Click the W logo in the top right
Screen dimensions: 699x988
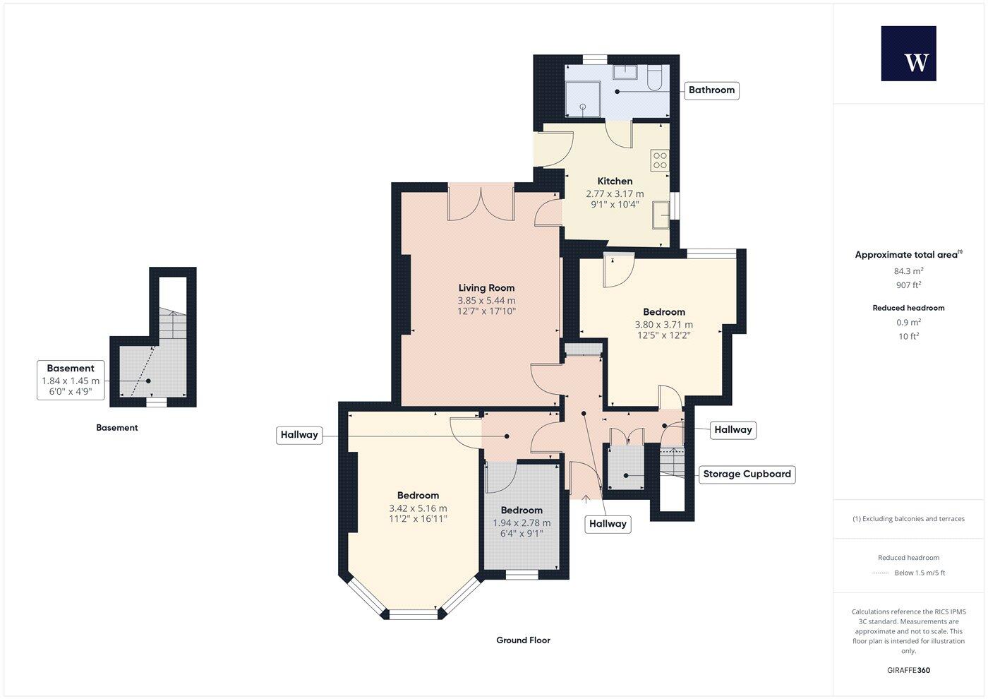(908, 54)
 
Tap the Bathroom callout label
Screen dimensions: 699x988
(711, 90)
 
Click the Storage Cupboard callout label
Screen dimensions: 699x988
(747, 474)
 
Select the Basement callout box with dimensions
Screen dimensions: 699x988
(71, 380)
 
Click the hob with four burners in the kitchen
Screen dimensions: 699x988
(660, 160)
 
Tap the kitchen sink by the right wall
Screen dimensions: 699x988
(661, 215)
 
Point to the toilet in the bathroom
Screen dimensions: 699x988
(653, 78)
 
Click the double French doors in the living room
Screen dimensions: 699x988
(480, 203)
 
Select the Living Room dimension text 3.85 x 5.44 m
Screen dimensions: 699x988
(486, 300)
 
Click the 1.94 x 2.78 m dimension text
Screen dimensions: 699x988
(522, 523)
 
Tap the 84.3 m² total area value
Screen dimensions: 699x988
(908, 271)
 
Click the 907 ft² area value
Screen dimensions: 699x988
(908, 285)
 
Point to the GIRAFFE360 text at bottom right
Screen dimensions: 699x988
(908, 670)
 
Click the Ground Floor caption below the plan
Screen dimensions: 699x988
(523, 640)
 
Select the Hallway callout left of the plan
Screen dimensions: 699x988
(299, 435)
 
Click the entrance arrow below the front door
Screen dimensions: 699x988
(586, 498)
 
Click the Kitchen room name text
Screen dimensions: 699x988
(615, 181)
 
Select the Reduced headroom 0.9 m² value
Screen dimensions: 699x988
(908, 323)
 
